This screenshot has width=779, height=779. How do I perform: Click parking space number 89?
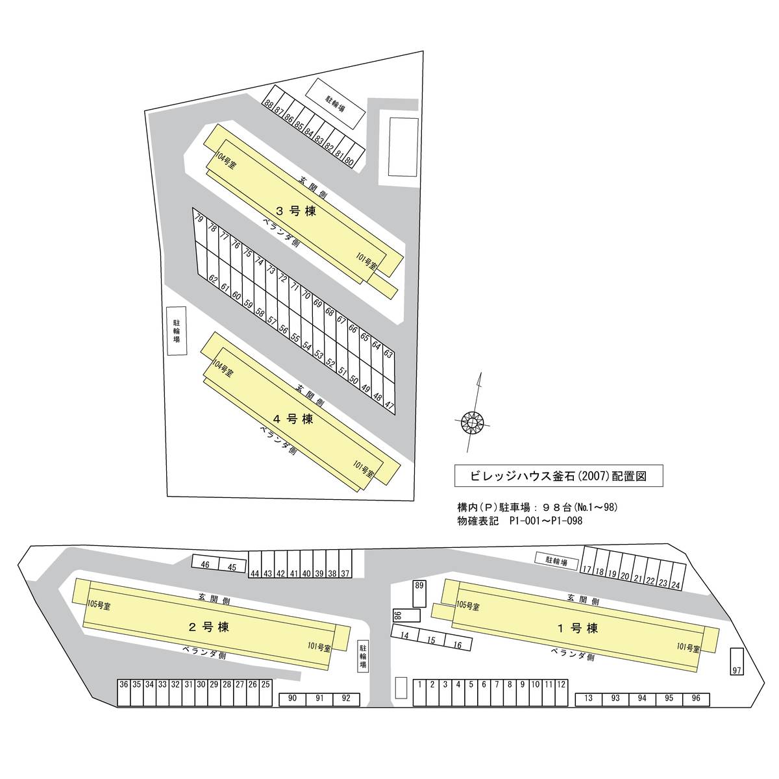[419, 594]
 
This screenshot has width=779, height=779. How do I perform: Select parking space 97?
[737, 662]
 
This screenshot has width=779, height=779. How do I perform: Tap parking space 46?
[205, 563]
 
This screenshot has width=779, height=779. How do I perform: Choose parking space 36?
[124, 693]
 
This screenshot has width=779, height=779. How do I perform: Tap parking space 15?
[431, 639]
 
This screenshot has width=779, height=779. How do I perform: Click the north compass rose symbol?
[472, 423]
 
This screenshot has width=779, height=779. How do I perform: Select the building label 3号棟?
[296, 210]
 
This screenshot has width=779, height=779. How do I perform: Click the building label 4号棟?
[293, 419]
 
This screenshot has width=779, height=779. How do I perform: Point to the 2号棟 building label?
[209, 626]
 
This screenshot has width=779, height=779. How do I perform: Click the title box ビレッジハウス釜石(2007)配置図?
[559, 476]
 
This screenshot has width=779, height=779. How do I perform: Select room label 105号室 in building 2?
[99, 605]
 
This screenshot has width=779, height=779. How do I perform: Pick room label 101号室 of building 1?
[688, 648]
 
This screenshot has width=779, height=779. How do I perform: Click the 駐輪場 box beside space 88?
[336, 103]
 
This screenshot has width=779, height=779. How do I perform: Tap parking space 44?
[254, 565]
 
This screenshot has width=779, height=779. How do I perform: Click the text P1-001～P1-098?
[546, 521]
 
